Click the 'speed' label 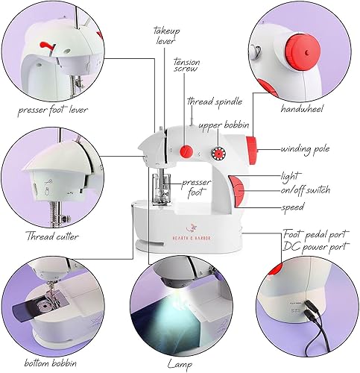coord(293,207)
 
